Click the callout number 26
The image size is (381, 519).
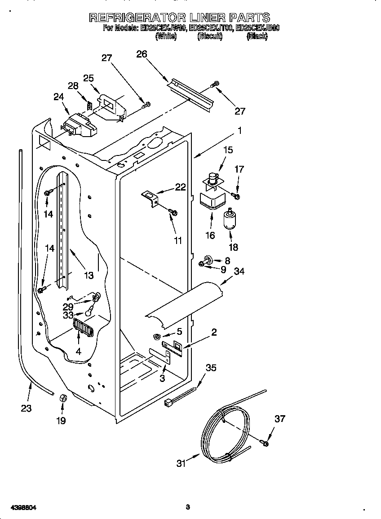[142, 54]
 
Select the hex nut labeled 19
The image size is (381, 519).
[63, 398]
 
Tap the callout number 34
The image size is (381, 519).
[239, 271]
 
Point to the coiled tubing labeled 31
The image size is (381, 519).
[225, 431]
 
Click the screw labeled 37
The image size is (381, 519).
[265, 444]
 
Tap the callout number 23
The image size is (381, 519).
[26, 408]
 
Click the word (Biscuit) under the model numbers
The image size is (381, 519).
[210, 37]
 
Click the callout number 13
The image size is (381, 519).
[89, 275]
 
